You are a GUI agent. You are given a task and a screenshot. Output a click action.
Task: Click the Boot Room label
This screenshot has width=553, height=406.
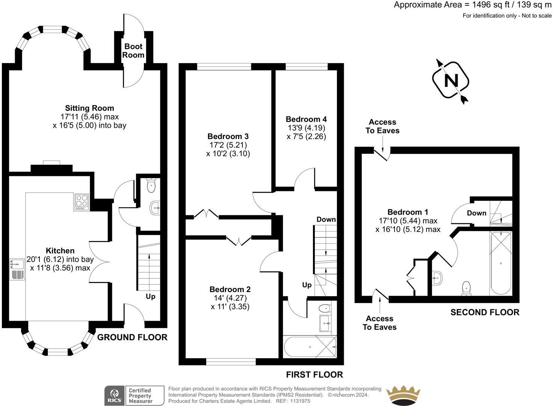[133, 50]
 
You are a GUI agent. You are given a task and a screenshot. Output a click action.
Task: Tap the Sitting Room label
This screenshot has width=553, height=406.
[89, 108]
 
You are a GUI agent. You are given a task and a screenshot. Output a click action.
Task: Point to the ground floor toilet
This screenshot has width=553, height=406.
[151, 185]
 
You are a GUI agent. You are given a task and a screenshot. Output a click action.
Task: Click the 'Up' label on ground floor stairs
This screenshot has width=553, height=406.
[150, 296]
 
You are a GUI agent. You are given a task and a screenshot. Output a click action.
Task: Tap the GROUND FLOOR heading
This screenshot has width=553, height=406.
[132, 337]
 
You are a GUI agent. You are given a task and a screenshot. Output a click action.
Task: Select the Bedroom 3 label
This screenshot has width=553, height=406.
[228, 136]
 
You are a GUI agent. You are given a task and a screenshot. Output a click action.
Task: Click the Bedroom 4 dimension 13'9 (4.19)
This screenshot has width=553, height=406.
[306, 128]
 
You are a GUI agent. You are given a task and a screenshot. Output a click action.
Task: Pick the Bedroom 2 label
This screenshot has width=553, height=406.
[230, 289]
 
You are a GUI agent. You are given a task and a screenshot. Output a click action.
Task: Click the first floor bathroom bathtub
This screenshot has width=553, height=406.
[310, 347]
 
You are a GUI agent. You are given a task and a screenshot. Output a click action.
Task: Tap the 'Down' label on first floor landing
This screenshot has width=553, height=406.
[326, 219]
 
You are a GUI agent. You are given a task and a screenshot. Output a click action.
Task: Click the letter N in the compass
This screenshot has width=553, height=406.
[451, 80]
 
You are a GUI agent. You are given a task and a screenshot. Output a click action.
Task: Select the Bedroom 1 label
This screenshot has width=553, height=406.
[408, 212]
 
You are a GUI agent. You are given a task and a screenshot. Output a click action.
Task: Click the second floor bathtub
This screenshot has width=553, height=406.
[501, 263]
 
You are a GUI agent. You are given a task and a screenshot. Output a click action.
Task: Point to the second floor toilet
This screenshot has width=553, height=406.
[466, 288]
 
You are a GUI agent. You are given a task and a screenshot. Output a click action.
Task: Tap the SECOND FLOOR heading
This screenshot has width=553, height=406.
[485, 312]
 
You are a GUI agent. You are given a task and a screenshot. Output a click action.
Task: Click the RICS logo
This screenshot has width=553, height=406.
[115, 395]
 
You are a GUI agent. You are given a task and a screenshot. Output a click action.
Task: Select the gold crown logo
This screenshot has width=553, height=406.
[403, 395]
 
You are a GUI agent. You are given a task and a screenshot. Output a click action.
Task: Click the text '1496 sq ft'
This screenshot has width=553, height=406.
[491, 5]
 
